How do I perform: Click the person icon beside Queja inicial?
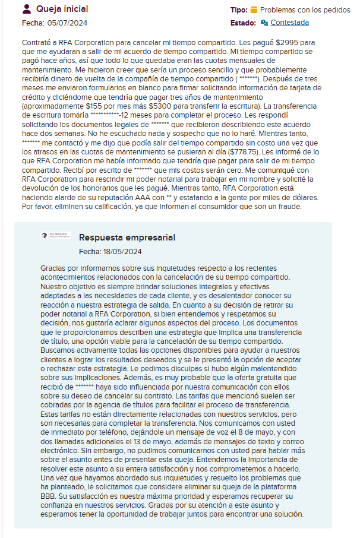pos(27,9)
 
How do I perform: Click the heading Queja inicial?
pos(62,9)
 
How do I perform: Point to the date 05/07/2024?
pos(68,23)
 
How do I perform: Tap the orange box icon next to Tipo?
pos(254,10)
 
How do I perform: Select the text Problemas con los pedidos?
pos(305,10)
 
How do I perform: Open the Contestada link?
pos(289,23)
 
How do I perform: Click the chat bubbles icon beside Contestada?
pos(264,23)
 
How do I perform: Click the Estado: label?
pos(242,23)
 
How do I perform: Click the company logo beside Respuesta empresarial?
pos(55,236)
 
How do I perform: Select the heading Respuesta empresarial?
pos(127,238)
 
